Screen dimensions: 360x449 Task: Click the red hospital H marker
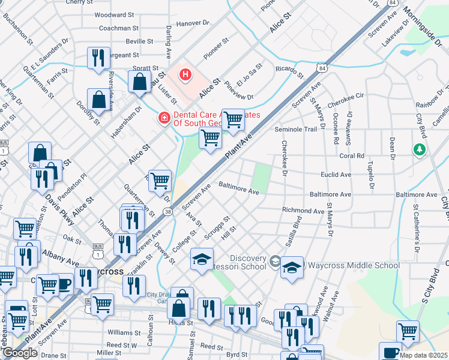(185, 75)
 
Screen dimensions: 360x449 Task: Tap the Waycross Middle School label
(353, 265)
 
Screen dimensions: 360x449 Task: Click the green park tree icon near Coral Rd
(419, 149)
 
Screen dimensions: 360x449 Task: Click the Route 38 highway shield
(167, 211)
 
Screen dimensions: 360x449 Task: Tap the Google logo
(20, 352)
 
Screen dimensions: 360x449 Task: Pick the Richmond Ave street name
(303, 211)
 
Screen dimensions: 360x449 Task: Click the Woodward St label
(114, 14)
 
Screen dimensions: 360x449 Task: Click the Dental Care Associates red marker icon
(163, 118)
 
